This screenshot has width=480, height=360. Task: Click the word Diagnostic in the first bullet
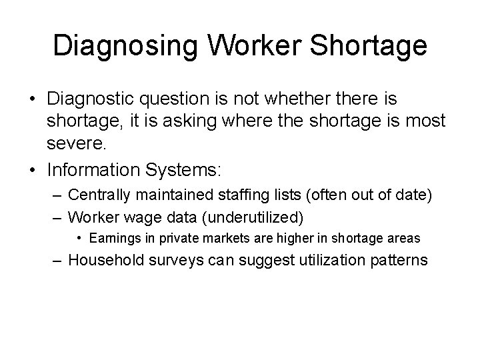point(91,99)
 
